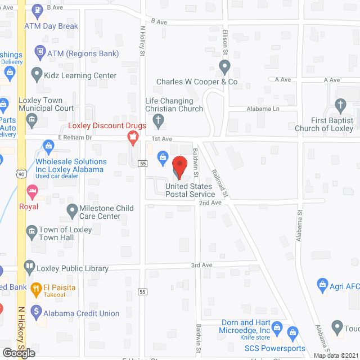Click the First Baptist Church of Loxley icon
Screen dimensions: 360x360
tap(340, 105)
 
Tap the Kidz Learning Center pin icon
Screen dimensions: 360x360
tap(37, 73)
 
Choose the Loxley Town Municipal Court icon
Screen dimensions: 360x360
tap(31, 119)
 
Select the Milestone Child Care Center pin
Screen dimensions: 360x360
tap(72, 211)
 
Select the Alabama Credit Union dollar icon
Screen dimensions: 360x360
tap(37, 310)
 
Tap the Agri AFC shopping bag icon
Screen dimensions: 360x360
tap(322, 284)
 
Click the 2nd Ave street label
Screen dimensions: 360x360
tap(210, 202)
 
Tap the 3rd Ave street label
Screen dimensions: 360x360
tap(201, 265)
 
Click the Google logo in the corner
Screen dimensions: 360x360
tap(19, 353)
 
